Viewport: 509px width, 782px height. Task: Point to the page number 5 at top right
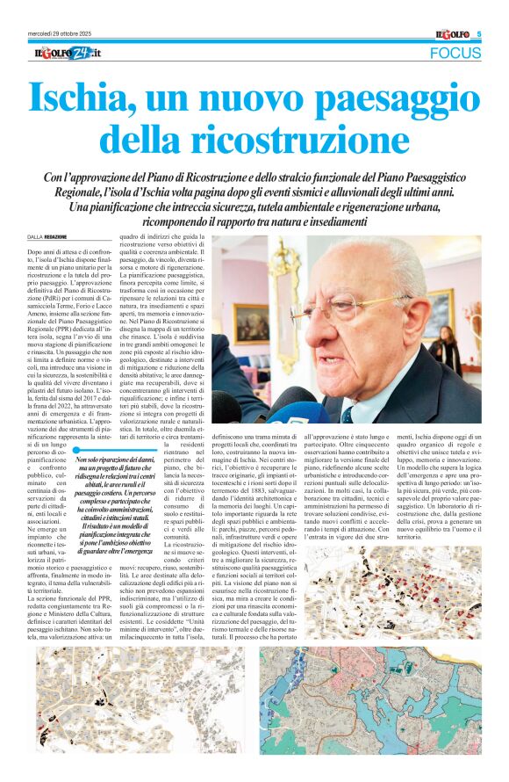pos(479,34)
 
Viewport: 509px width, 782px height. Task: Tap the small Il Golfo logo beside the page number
pos(454,34)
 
